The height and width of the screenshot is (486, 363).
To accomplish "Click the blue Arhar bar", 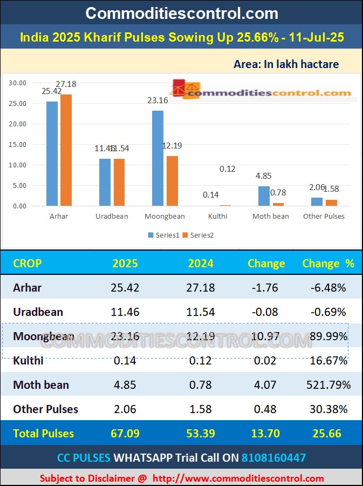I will point(52,153).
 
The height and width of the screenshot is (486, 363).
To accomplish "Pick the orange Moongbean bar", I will point(172,181).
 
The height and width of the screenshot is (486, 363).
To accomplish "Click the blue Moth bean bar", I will point(264,196).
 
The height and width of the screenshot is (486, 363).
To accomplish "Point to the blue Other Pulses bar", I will point(317,201).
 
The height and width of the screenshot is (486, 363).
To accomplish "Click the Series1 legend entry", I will point(163,235).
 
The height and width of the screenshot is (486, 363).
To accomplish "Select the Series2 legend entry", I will point(198,235).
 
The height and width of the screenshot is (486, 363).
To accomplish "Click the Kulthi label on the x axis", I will point(217,216).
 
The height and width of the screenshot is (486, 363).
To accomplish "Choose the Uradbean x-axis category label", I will point(112,216).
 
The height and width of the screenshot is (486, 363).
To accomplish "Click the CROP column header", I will point(27,264).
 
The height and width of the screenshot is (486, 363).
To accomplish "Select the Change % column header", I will point(328,264).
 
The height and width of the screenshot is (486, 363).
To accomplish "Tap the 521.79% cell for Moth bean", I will point(328,385).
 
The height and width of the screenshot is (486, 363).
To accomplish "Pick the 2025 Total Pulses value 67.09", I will point(125,434).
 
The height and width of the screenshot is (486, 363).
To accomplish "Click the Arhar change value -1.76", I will point(265,288).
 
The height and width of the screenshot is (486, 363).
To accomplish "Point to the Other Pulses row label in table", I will point(46,409).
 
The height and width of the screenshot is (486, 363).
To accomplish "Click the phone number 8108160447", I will point(273,458).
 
